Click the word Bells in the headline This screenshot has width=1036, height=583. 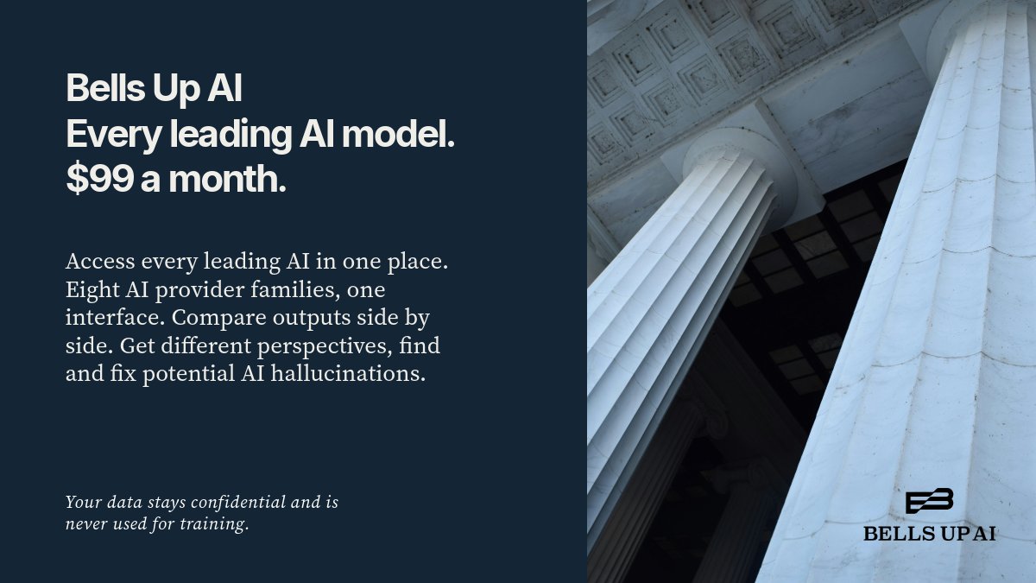tap(106, 88)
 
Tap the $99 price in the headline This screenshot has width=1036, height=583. tap(100, 179)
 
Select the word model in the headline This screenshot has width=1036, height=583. tap(398, 134)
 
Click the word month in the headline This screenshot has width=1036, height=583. tap(227, 179)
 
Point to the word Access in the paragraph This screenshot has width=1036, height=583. tap(100, 262)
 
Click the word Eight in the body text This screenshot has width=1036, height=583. tap(92, 290)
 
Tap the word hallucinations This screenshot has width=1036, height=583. tap(348, 373)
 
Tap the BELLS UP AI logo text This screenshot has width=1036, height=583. tap(929, 534)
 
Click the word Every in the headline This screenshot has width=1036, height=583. tap(114, 135)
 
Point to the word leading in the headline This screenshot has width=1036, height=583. tap(231, 135)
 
